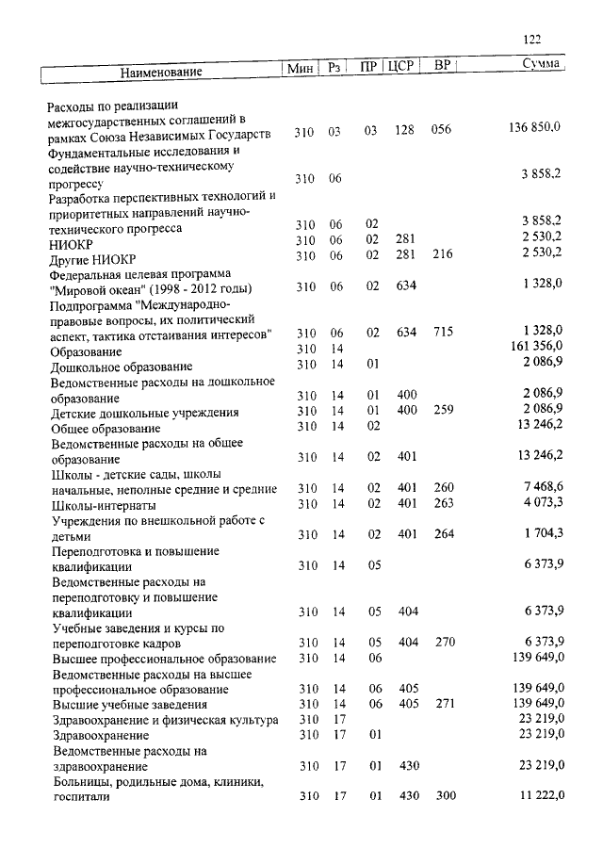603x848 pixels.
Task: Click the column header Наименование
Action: (x=160, y=72)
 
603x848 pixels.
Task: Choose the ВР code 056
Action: (x=441, y=132)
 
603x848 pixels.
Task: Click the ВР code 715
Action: (x=442, y=333)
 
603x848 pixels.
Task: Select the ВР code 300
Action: (x=445, y=796)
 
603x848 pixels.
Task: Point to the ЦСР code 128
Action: (x=405, y=132)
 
